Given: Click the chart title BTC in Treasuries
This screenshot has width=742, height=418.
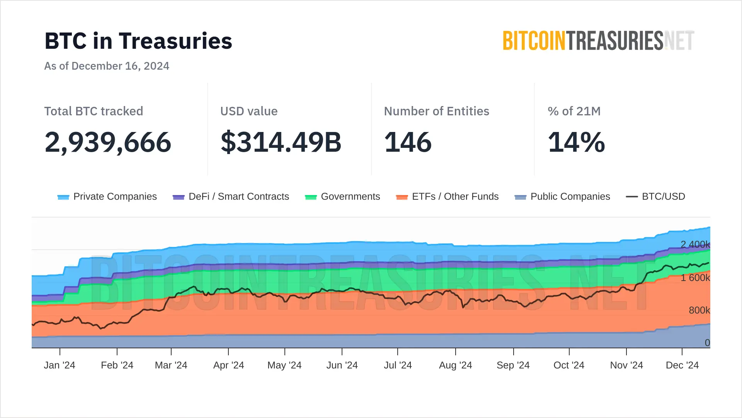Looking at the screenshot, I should click(x=138, y=41).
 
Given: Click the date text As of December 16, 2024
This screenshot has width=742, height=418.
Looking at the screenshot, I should click(x=107, y=66).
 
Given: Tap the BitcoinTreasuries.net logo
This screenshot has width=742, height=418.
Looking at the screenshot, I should click(x=598, y=41).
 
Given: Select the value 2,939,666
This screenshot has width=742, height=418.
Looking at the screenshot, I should click(x=108, y=142).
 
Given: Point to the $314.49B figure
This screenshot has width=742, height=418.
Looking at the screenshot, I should click(x=281, y=142).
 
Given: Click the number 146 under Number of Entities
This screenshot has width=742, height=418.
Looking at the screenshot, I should click(x=408, y=142).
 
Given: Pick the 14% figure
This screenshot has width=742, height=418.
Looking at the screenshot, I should click(x=576, y=142).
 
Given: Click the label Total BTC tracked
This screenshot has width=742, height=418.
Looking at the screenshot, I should click(x=94, y=111).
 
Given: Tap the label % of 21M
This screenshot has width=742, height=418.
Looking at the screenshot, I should click(x=574, y=111).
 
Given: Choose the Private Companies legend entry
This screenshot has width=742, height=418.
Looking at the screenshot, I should click(x=107, y=197).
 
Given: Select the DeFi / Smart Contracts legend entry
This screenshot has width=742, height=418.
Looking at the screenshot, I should click(x=231, y=197).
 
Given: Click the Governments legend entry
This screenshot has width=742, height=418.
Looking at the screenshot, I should click(x=342, y=197).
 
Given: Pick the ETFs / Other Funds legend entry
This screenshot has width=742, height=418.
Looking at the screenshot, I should click(x=447, y=197).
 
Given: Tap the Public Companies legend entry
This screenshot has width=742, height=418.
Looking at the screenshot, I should click(x=562, y=197).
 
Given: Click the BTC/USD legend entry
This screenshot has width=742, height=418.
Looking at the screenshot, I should click(x=655, y=197).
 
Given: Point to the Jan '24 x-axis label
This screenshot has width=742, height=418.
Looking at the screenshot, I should click(x=60, y=365).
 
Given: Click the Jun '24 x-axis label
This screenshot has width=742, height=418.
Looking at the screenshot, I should click(x=342, y=365).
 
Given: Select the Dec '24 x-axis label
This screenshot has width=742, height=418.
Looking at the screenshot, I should click(x=682, y=365).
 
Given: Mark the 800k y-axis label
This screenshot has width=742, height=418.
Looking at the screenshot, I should click(x=699, y=310).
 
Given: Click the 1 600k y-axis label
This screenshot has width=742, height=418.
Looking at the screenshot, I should click(x=695, y=278).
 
